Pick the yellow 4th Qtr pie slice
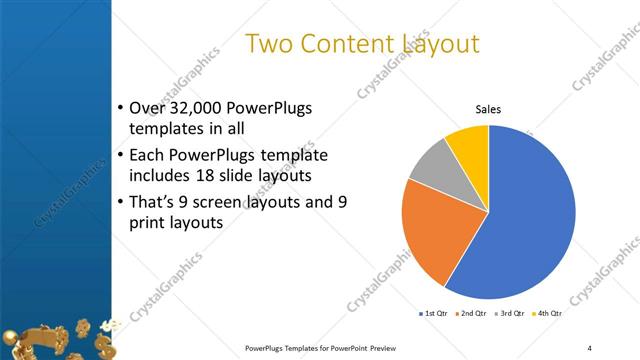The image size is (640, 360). pos(468,144)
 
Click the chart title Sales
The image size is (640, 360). pos(487,109)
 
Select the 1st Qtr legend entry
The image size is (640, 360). pos(432,314)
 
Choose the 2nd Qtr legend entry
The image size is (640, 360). pos(471,314)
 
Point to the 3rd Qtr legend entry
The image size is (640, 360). pos(509,314)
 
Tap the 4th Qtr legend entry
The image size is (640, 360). pos(547,314)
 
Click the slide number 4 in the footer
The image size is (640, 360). pos(589,347)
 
